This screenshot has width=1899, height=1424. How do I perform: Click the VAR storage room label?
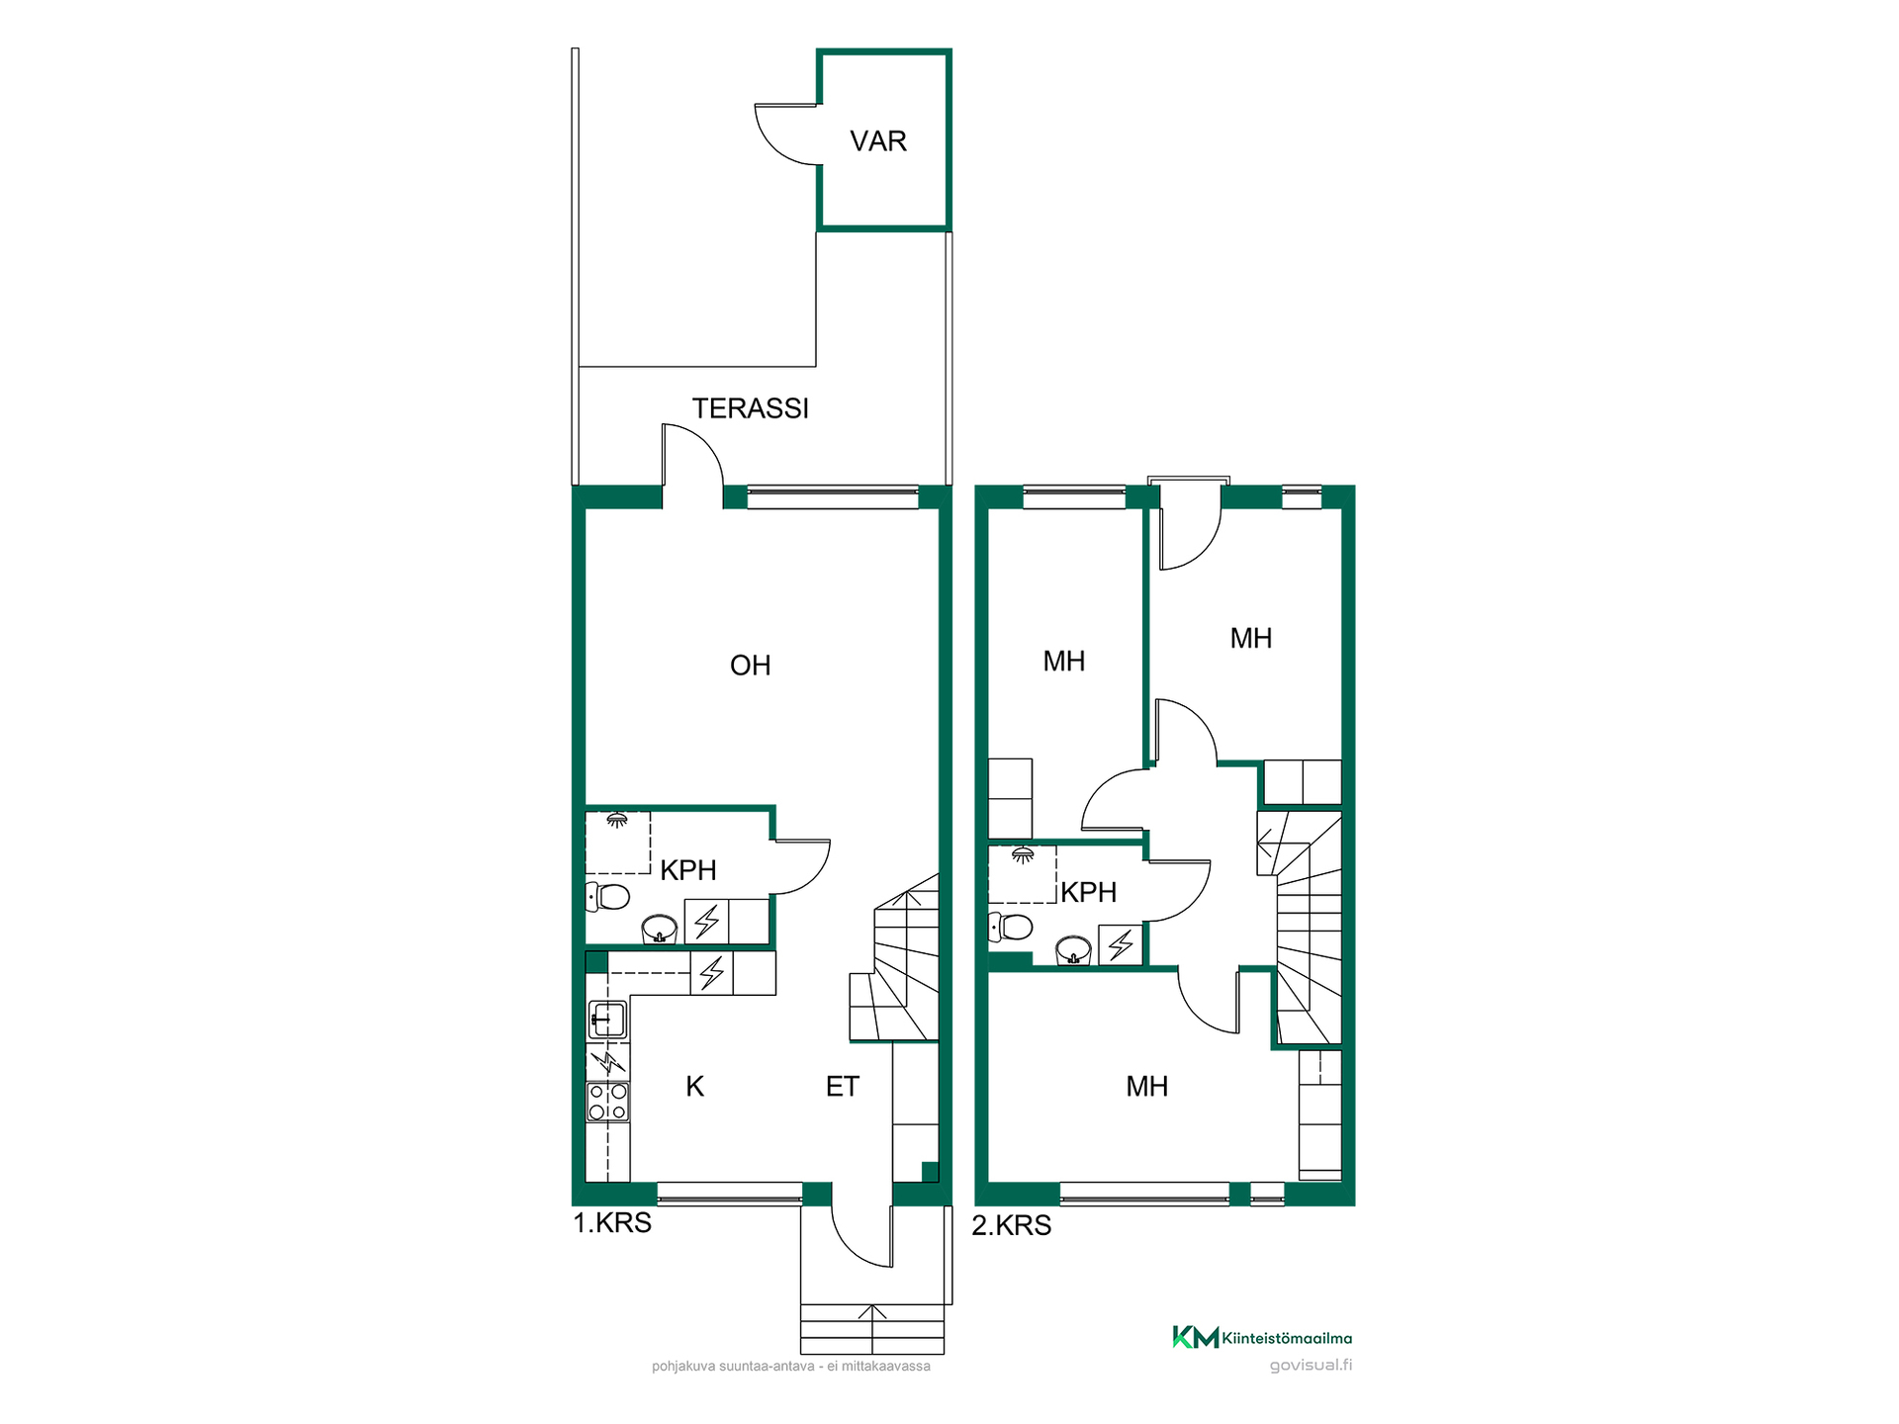[878, 141]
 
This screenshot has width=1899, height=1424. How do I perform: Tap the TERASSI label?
[751, 408]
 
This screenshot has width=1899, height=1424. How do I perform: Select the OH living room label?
[750, 666]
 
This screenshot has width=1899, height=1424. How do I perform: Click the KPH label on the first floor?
[688, 870]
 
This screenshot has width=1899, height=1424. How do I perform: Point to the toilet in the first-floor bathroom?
[608, 897]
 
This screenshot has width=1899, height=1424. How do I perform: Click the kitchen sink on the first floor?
[607, 1020]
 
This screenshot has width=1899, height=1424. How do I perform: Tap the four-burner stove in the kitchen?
[608, 1102]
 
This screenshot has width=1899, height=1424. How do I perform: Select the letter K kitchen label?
[695, 1087]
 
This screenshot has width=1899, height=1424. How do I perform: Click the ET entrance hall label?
[843, 1087]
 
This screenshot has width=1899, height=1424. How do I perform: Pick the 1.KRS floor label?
[612, 1223]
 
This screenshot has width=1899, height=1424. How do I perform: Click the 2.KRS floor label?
[1011, 1225]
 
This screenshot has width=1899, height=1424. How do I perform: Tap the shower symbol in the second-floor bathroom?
[1023, 854]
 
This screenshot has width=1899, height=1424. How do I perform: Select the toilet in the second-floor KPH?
[1011, 927]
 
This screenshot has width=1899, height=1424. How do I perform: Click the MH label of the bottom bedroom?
[1147, 1087]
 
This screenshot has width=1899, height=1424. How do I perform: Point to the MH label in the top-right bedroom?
[1251, 639]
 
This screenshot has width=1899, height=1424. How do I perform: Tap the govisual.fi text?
[1311, 1366]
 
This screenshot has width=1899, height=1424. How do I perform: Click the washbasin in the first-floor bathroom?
[660, 930]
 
